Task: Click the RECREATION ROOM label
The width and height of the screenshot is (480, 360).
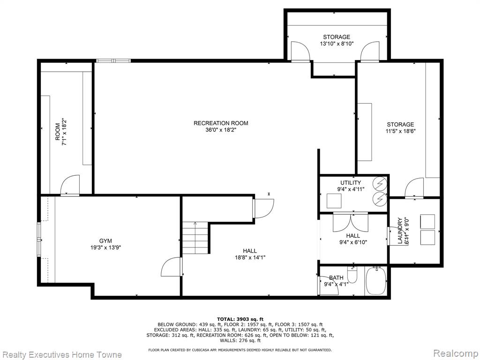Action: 221,123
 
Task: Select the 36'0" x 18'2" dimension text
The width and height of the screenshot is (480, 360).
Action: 221,130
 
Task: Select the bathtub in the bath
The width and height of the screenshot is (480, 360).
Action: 376,281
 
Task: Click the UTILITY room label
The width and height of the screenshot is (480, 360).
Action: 351,182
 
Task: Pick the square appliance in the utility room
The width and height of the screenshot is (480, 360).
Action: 334,201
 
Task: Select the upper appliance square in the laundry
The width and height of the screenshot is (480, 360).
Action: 427,222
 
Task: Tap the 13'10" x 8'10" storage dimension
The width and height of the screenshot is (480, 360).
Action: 337,44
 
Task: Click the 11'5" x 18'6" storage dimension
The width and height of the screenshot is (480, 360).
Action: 400,131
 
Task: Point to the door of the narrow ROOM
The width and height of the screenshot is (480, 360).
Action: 70,185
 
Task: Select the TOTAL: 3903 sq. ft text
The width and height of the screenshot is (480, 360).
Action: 240,319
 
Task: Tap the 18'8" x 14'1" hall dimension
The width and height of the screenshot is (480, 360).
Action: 250,258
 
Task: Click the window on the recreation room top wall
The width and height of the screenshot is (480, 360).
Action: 113,60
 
